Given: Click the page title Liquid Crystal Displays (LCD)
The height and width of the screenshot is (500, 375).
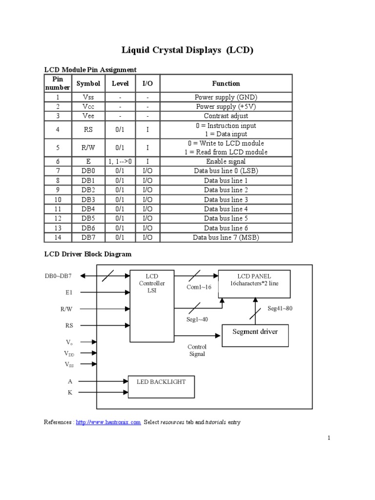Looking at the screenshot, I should pyautogui.click(x=187, y=50).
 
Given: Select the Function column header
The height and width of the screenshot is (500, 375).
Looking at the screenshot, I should pyautogui.click(x=226, y=83).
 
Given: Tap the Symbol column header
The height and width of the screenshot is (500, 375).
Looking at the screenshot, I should pyautogui.click(x=88, y=83).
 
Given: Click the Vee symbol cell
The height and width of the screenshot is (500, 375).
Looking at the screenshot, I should pyautogui.click(x=88, y=116).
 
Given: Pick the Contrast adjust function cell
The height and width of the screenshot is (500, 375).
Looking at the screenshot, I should pyautogui.click(x=226, y=116).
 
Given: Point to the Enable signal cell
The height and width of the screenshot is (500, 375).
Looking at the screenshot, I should pyautogui.click(x=226, y=161).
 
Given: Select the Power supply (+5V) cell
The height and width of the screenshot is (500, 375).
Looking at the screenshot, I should pyautogui.click(x=226, y=106).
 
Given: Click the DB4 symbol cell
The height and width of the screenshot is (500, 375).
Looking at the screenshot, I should pyautogui.click(x=88, y=209).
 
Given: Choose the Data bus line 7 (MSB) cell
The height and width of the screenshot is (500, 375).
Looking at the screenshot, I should pyautogui.click(x=226, y=238).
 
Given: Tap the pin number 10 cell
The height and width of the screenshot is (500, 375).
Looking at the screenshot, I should pyautogui.click(x=58, y=200).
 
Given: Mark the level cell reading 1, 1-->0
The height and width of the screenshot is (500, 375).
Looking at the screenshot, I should pyautogui.click(x=120, y=161).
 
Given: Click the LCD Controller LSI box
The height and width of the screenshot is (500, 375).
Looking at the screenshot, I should pyautogui.click(x=152, y=305).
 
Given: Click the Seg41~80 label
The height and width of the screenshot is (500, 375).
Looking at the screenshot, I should pyautogui.click(x=280, y=309).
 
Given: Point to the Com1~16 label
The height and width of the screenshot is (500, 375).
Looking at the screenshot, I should pyautogui.click(x=199, y=287).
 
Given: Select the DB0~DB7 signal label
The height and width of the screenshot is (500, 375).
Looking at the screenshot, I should pyautogui.click(x=58, y=276).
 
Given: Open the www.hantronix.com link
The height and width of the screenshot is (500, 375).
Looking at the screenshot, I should pyautogui.click(x=108, y=422).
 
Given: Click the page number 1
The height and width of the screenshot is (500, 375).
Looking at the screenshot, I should pyautogui.click(x=329, y=438).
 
